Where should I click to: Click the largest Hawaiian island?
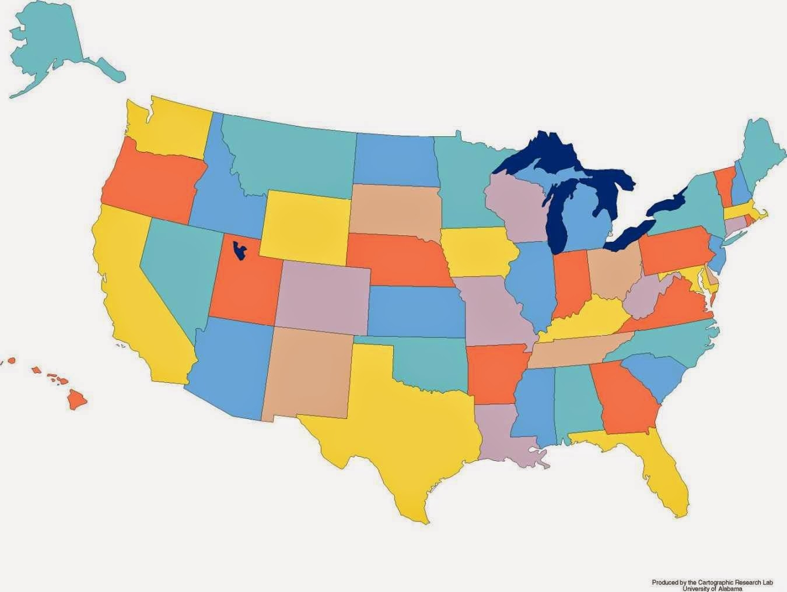76,399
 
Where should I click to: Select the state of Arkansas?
496,373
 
